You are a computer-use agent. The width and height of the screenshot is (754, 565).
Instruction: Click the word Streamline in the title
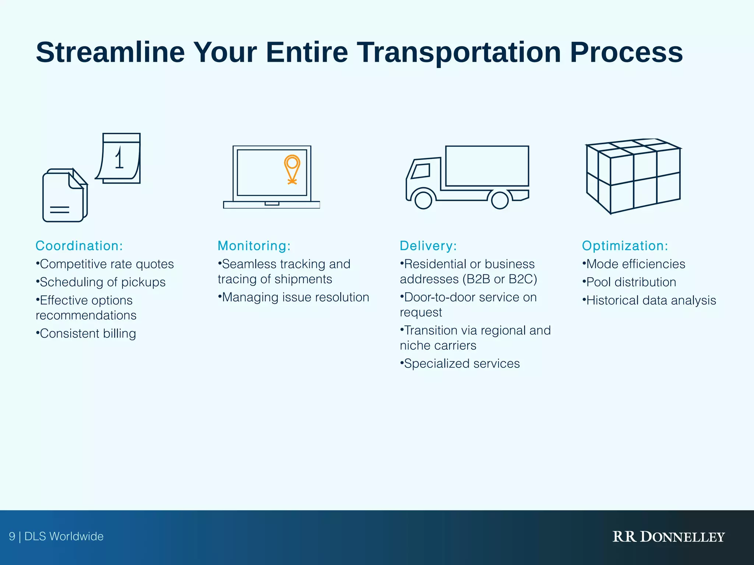click(110, 53)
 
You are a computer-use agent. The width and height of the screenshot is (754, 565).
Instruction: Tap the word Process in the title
click(626, 53)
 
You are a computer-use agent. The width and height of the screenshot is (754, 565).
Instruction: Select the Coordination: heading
click(79, 246)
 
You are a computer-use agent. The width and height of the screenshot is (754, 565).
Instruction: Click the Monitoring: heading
click(254, 246)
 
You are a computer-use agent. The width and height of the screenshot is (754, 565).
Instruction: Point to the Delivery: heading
click(428, 246)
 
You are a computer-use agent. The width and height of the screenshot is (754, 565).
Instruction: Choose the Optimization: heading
click(625, 246)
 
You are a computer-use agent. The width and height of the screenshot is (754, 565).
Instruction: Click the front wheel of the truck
click(423, 200)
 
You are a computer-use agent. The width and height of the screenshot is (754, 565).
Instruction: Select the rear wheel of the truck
click(500, 200)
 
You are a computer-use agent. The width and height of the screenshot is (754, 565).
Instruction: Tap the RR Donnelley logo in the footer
click(668, 537)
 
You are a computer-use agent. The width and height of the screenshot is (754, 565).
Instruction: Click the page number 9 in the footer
click(12, 537)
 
